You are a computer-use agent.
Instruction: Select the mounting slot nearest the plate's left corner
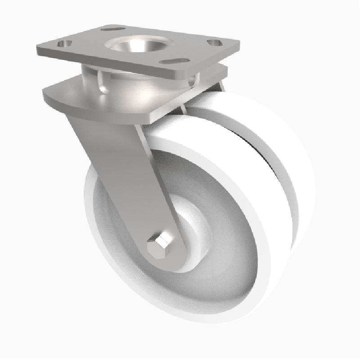tap(63, 44)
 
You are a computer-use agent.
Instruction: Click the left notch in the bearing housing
tap(103, 84)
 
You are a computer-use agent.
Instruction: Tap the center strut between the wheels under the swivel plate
tap(182, 110)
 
